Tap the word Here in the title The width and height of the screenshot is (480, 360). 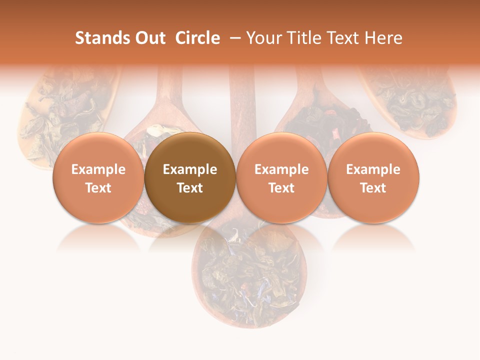coord(384,38)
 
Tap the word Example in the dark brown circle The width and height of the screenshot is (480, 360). coord(190,169)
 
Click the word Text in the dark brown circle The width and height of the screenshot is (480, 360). coord(190,188)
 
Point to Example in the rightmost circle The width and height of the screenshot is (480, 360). coord(373,169)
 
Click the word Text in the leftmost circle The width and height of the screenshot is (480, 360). coord(98,188)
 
